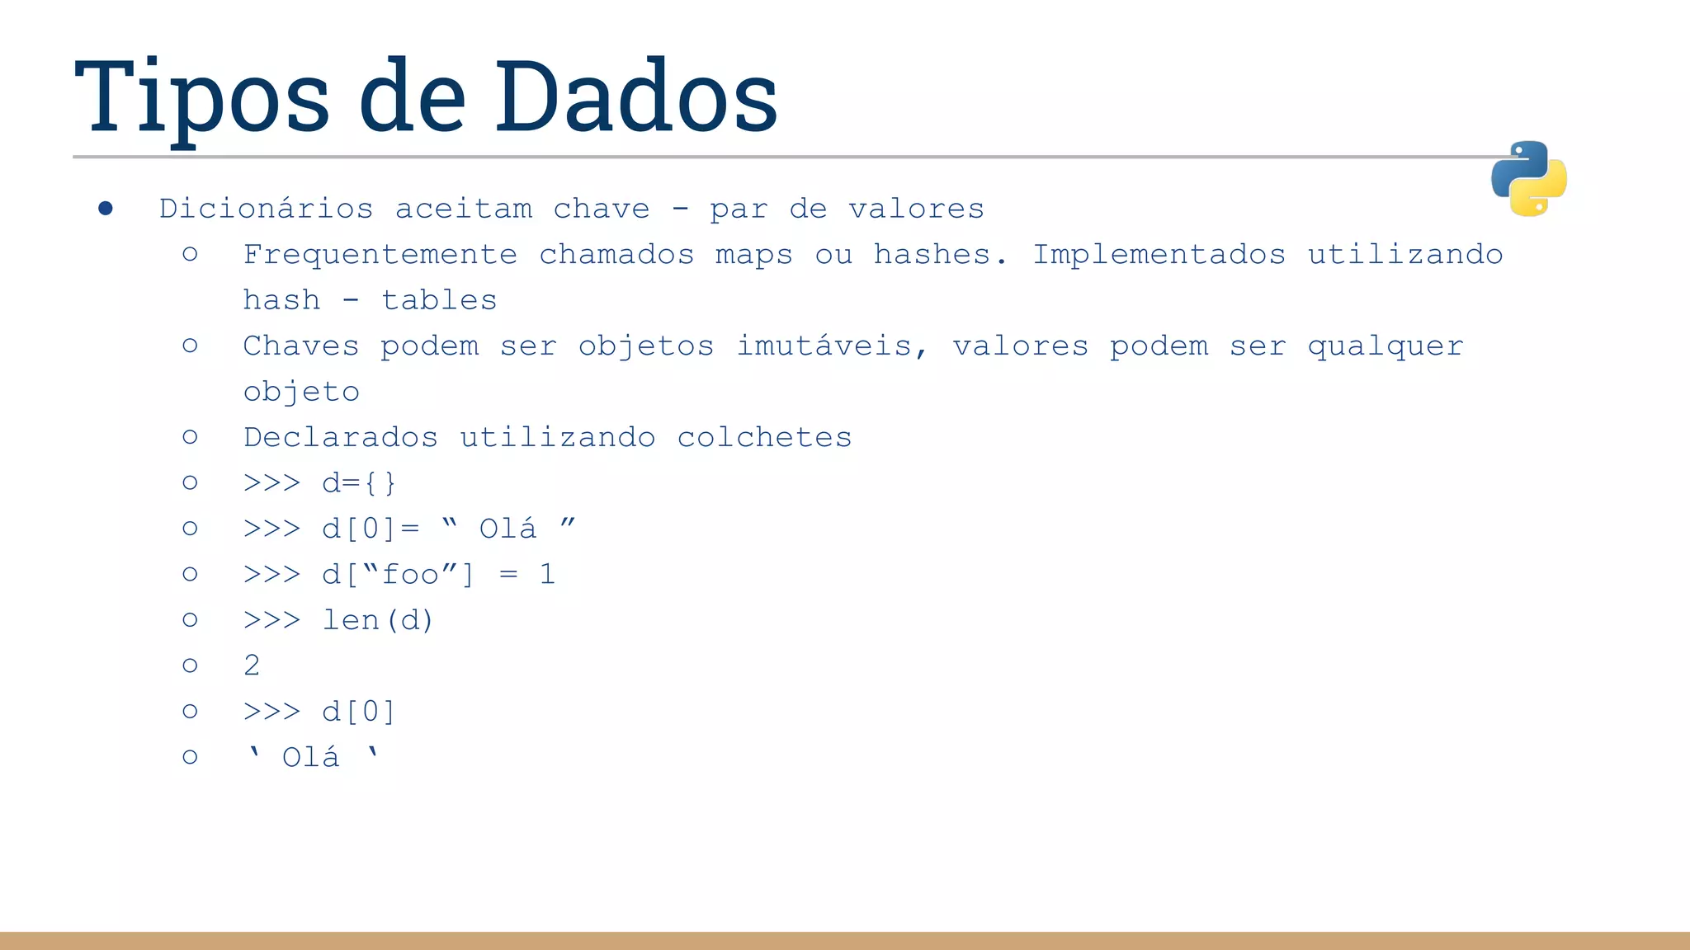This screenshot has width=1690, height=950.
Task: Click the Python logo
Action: point(1528,178)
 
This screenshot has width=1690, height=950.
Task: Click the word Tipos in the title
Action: point(202,97)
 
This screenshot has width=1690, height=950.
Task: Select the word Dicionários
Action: point(266,209)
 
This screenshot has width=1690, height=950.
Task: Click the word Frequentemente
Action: point(380,255)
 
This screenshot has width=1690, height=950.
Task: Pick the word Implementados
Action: point(1159,255)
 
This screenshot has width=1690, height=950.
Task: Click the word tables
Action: point(439,300)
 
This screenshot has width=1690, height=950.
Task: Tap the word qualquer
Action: point(1386,346)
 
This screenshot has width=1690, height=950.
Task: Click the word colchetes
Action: point(764,437)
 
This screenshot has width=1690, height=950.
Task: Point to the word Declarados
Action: point(340,437)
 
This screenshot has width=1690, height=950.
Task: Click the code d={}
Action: point(359,483)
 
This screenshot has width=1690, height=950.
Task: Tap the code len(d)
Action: point(377,620)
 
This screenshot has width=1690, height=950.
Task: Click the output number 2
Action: point(252,665)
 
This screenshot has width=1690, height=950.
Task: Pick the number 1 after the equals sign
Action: point(547,574)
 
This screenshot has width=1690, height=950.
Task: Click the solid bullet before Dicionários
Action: point(106,209)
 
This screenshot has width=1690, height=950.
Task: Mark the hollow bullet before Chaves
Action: point(190,346)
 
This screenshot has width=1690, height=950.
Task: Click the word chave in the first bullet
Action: point(601,209)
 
